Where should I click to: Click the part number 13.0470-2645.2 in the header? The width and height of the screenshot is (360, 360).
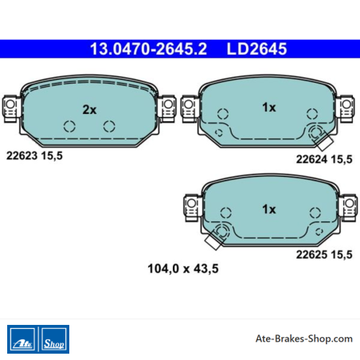tap(148, 49)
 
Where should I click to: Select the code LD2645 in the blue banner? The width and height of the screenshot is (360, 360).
tap(256, 49)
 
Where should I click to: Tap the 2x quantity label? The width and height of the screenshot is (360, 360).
tap(89, 110)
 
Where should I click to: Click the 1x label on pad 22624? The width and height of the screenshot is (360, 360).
tap(269, 108)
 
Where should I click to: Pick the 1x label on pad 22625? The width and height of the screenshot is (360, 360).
tap(269, 209)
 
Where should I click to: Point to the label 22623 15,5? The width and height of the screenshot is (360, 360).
tap(34, 156)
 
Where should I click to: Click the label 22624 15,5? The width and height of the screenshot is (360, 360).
tap(324, 159)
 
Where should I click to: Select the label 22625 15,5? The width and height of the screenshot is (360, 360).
tap(324, 255)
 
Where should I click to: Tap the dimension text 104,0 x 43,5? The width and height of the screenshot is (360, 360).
tap(183, 268)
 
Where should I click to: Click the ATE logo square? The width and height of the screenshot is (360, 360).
tap(22, 339)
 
